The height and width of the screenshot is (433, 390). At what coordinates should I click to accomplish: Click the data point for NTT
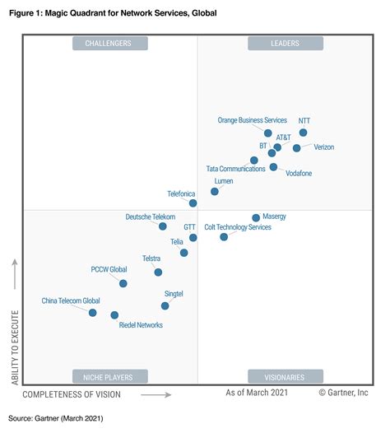coord(303,133)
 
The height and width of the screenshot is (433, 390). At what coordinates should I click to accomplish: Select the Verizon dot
coord(296,148)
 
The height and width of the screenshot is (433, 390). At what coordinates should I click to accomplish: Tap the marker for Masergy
coord(256,218)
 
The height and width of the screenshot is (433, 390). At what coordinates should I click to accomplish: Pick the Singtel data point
coord(165,305)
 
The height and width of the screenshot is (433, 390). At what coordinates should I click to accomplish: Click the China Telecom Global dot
coord(92,313)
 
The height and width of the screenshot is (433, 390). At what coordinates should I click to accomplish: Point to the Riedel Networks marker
coord(114,315)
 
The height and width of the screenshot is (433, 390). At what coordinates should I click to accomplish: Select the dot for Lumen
coord(214,191)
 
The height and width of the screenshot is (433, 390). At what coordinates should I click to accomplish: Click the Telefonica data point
coord(193,203)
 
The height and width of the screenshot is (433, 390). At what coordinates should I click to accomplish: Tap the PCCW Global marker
coord(123,283)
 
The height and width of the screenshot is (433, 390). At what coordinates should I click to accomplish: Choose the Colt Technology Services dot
coord(224,237)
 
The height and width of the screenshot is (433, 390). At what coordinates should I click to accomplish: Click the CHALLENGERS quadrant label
coord(109,44)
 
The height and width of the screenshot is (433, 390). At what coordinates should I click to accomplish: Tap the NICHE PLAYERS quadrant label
coord(109,378)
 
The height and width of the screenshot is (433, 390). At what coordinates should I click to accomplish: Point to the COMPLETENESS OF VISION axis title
coord(72,395)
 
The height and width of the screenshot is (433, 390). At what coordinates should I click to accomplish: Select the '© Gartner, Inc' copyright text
coord(343,393)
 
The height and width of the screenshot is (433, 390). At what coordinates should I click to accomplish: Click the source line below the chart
coord(56,418)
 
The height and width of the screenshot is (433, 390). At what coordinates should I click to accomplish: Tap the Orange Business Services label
coord(252,120)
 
